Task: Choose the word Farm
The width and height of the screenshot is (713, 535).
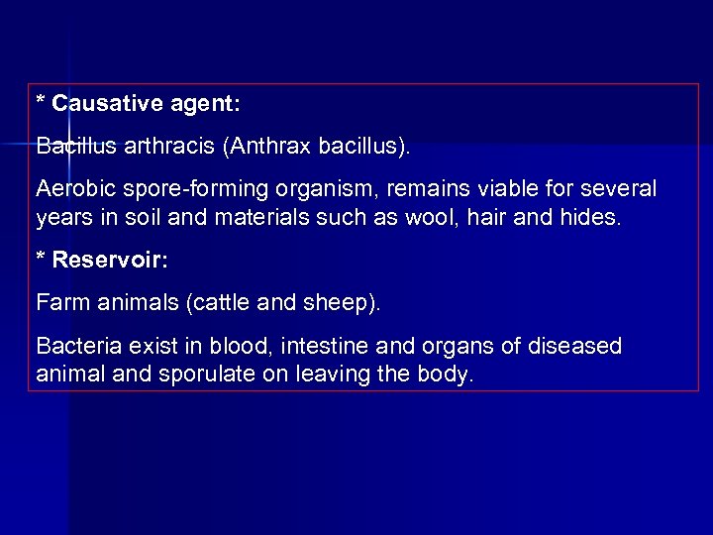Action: [58, 301]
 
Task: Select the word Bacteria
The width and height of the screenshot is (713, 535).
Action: [74, 347]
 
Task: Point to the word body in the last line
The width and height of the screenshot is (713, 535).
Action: [449, 375]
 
